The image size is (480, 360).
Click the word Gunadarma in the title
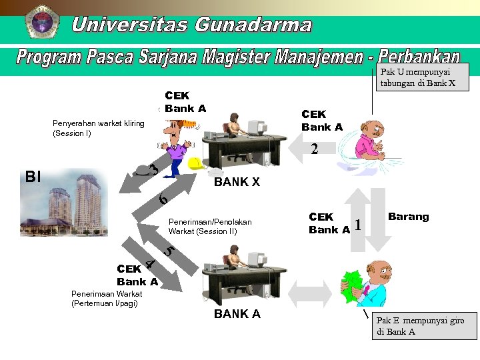coord(253,25)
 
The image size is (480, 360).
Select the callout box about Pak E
coord(424,326)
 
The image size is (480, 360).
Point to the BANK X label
coord(236,181)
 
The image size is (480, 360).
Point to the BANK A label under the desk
coord(237,314)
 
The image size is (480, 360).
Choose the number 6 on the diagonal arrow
coord(163,199)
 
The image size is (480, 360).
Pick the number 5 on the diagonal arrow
coord(169,251)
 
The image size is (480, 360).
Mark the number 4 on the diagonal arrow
coord(151,264)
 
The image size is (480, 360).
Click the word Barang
coord(408,217)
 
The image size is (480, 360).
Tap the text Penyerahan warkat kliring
coord(98,128)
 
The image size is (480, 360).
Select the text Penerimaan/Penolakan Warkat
coord(210,226)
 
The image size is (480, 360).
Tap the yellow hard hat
coord(195,163)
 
